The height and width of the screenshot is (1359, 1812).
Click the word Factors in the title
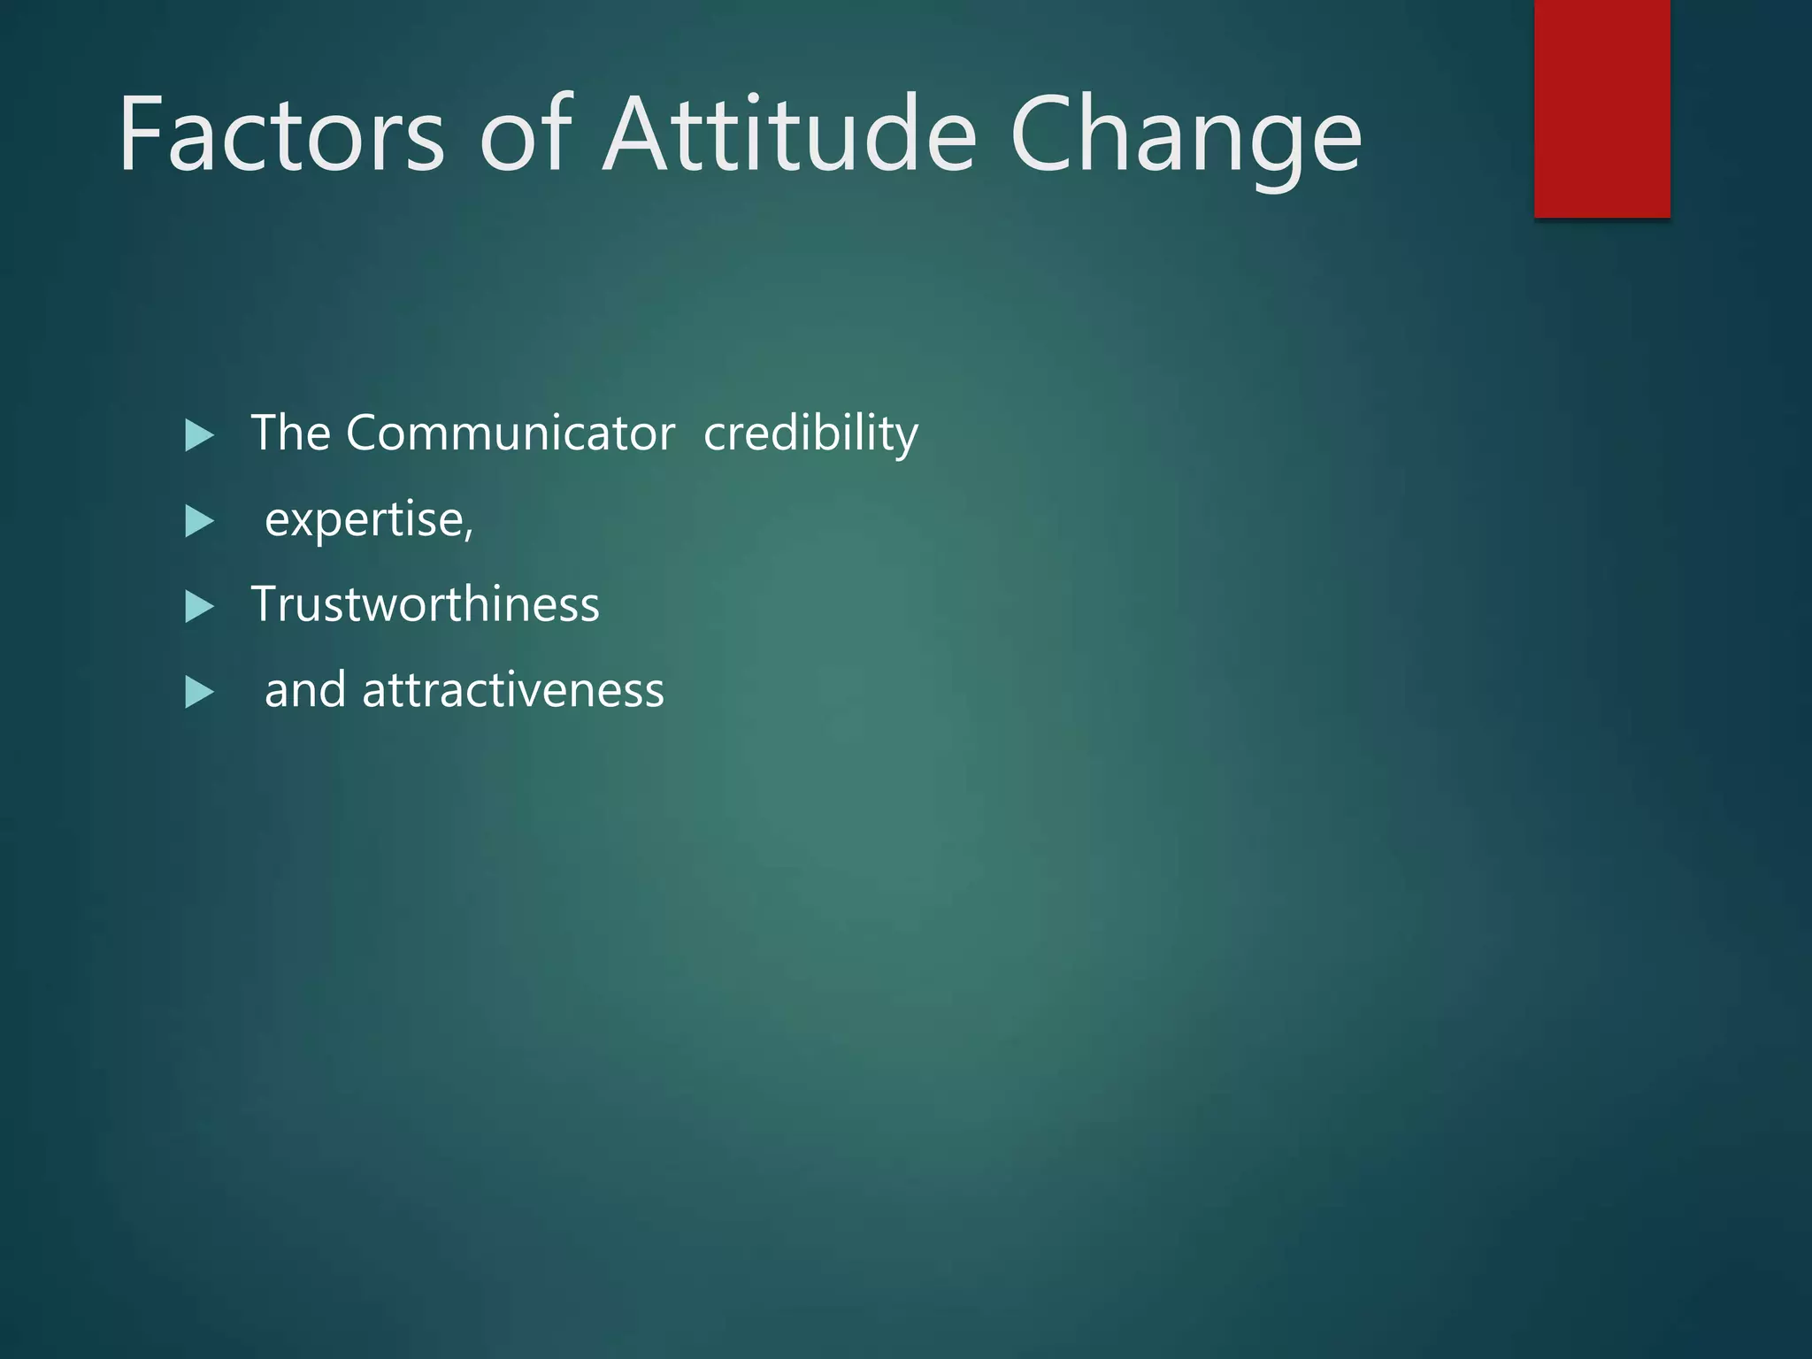(x=281, y=135)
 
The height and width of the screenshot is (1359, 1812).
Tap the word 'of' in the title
(x=526, y=135)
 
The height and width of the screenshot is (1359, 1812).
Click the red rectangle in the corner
(x=1601, y=108)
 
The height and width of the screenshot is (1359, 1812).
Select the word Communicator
(x=511, y=433)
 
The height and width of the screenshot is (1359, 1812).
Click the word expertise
(x=365, y=520)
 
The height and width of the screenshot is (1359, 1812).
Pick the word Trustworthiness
(x=426, y=604)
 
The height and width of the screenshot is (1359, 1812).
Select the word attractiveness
(x=513, y=690)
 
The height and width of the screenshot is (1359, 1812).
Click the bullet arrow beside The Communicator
(x=199, y=435)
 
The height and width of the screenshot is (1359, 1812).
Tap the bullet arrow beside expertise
(x=199, y=521)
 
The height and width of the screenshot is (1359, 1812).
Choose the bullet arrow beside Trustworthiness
(x=199, y=607)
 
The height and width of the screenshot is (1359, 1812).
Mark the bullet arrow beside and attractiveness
(x=199, y=693)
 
